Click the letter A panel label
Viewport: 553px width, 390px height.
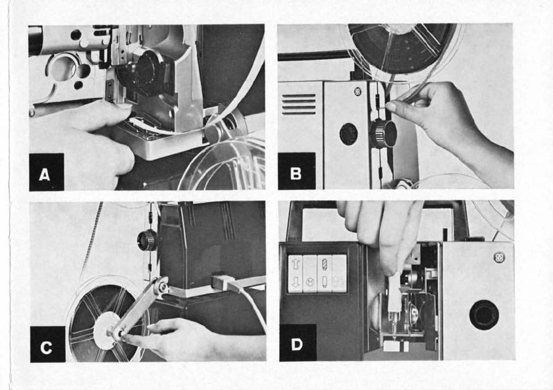(x=45, y=175)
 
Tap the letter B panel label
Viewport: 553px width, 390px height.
(x=296, y=174)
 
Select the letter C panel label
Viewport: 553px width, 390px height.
(x=46, y=347)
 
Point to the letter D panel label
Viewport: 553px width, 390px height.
(x=297, y=345)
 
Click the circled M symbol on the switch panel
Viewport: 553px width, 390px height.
(x=310, y=282)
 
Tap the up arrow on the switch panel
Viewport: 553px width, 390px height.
(x=295, y=264)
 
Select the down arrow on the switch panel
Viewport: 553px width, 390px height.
(x=295, y=281)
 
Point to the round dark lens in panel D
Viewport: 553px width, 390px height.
(x=484, y=315)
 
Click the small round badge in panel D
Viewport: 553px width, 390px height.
(x=499, y=258)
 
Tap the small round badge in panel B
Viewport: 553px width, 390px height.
(x=358, y=92)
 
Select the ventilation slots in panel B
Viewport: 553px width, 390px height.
(x=299, y=104)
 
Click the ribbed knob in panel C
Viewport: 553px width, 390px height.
(x=147, y=240)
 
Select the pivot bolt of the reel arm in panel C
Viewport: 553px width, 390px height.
(x=162, y=287)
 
